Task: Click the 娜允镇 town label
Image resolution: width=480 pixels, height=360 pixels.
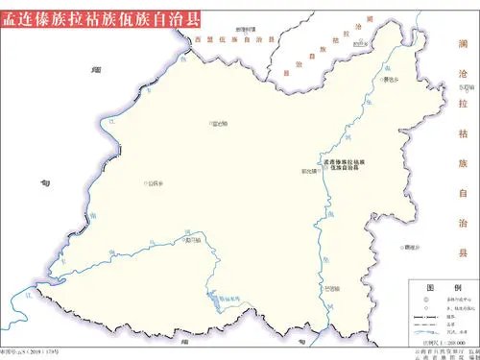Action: (308, 171)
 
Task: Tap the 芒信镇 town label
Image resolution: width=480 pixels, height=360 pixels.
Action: (331, 287)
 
